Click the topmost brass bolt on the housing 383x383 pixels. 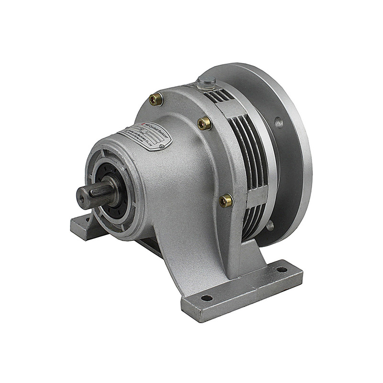(x=156, y=99)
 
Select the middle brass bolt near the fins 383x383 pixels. (x=204, y=123)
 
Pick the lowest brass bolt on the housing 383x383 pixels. (x=226, y=200)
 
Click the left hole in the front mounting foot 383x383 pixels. (x=206, y=298)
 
